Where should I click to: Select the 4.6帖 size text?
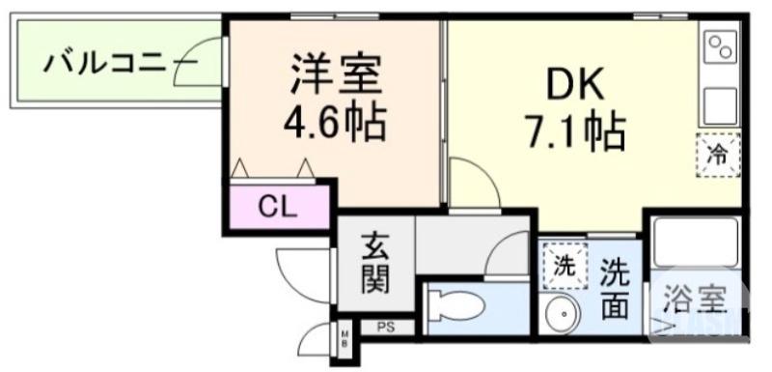(334, 122)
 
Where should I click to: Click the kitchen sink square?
(720, 103)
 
